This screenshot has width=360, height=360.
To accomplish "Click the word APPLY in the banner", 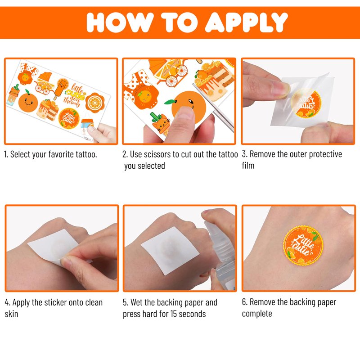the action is tap(246, 22).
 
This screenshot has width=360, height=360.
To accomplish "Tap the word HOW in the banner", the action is tap(120, 22).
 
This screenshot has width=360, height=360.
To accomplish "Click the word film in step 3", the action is tap(248, 166).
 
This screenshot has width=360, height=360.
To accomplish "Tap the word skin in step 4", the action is tap(12, 314).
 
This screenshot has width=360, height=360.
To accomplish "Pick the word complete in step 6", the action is tap(257, 314).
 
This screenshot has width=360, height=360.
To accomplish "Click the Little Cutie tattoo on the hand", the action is tap(303, 245).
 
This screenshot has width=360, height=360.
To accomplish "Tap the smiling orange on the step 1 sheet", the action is tap(28, 102).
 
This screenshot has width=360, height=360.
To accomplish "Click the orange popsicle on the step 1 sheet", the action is tap(61, 89).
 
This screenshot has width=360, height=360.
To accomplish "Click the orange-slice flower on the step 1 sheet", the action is tap(95, 103).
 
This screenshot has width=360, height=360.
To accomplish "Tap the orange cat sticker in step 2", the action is tap(161, 123).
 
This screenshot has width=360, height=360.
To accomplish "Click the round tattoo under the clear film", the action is tap(306, 103).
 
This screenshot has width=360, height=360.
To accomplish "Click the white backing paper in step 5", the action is tap(170, 250).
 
